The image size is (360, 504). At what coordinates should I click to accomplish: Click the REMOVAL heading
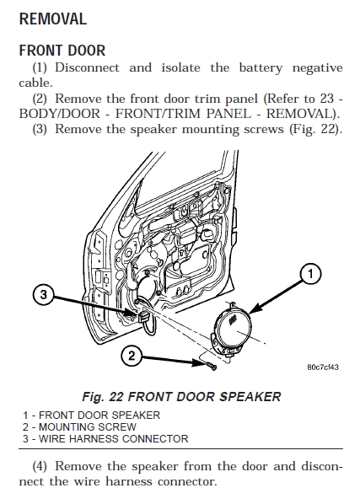[53, 19]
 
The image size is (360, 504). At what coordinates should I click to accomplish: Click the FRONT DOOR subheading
[62, 51]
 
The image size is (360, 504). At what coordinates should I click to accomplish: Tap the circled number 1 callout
[310, 274]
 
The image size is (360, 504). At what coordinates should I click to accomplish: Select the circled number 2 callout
[132, 356]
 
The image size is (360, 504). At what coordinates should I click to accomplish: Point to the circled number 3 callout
[43, 294]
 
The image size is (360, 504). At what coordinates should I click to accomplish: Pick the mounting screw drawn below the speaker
[212, 366]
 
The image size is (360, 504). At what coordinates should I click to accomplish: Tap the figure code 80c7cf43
[323, 367]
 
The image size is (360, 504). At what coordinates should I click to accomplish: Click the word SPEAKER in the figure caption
[250, 397]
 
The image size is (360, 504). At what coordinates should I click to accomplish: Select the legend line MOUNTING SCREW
[79, 426]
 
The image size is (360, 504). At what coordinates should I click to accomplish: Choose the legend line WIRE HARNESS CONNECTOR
[105, 439]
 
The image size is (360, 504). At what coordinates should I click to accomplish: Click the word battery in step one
[261, 68]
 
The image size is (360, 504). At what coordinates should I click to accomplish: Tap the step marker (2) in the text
[40, 99]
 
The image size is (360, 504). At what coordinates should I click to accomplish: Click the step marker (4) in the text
[40, 466]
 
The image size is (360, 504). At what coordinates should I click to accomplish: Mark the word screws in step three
[264, 129]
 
